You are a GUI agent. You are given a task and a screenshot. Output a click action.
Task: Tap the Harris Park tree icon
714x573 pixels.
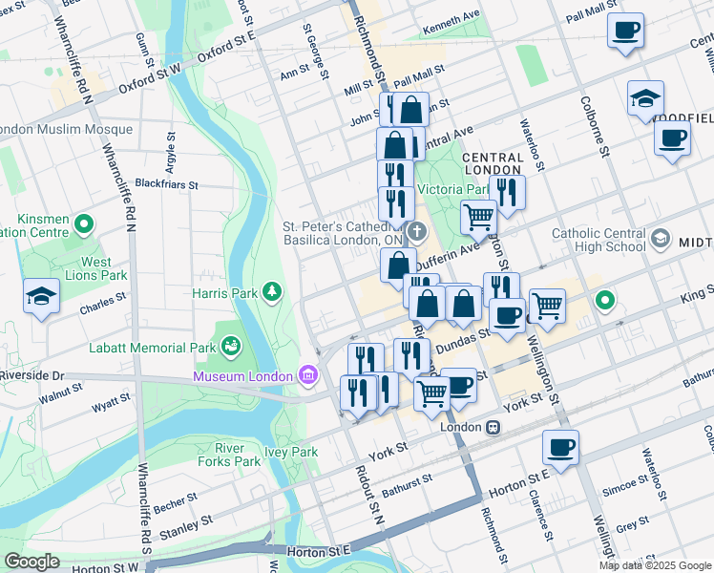coord(273,290)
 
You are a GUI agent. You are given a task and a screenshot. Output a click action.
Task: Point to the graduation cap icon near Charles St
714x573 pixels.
coord(41,296)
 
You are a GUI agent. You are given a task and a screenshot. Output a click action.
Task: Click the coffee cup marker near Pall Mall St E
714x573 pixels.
coord(625,32)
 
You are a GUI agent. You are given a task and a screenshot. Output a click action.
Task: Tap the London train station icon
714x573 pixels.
coord(493,427)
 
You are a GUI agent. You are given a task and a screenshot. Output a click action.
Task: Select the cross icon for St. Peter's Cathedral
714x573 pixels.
coord(417,232)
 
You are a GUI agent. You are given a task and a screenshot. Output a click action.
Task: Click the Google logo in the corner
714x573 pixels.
coord(31,562)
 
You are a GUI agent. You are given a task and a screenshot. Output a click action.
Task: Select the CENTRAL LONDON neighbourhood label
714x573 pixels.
coord(493,163)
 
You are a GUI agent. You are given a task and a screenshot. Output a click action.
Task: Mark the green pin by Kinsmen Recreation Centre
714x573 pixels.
coord(84,225)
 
